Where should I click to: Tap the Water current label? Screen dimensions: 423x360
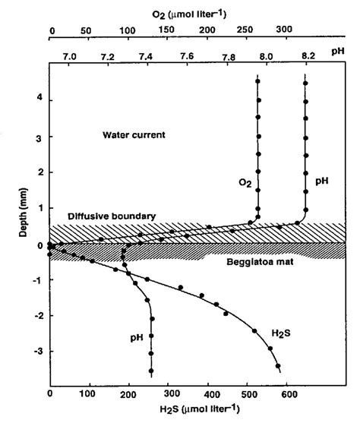[x=134, y=135]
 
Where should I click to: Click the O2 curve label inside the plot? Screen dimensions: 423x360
[x=244, y=182]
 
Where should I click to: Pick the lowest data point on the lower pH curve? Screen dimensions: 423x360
[x=151, y=371]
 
